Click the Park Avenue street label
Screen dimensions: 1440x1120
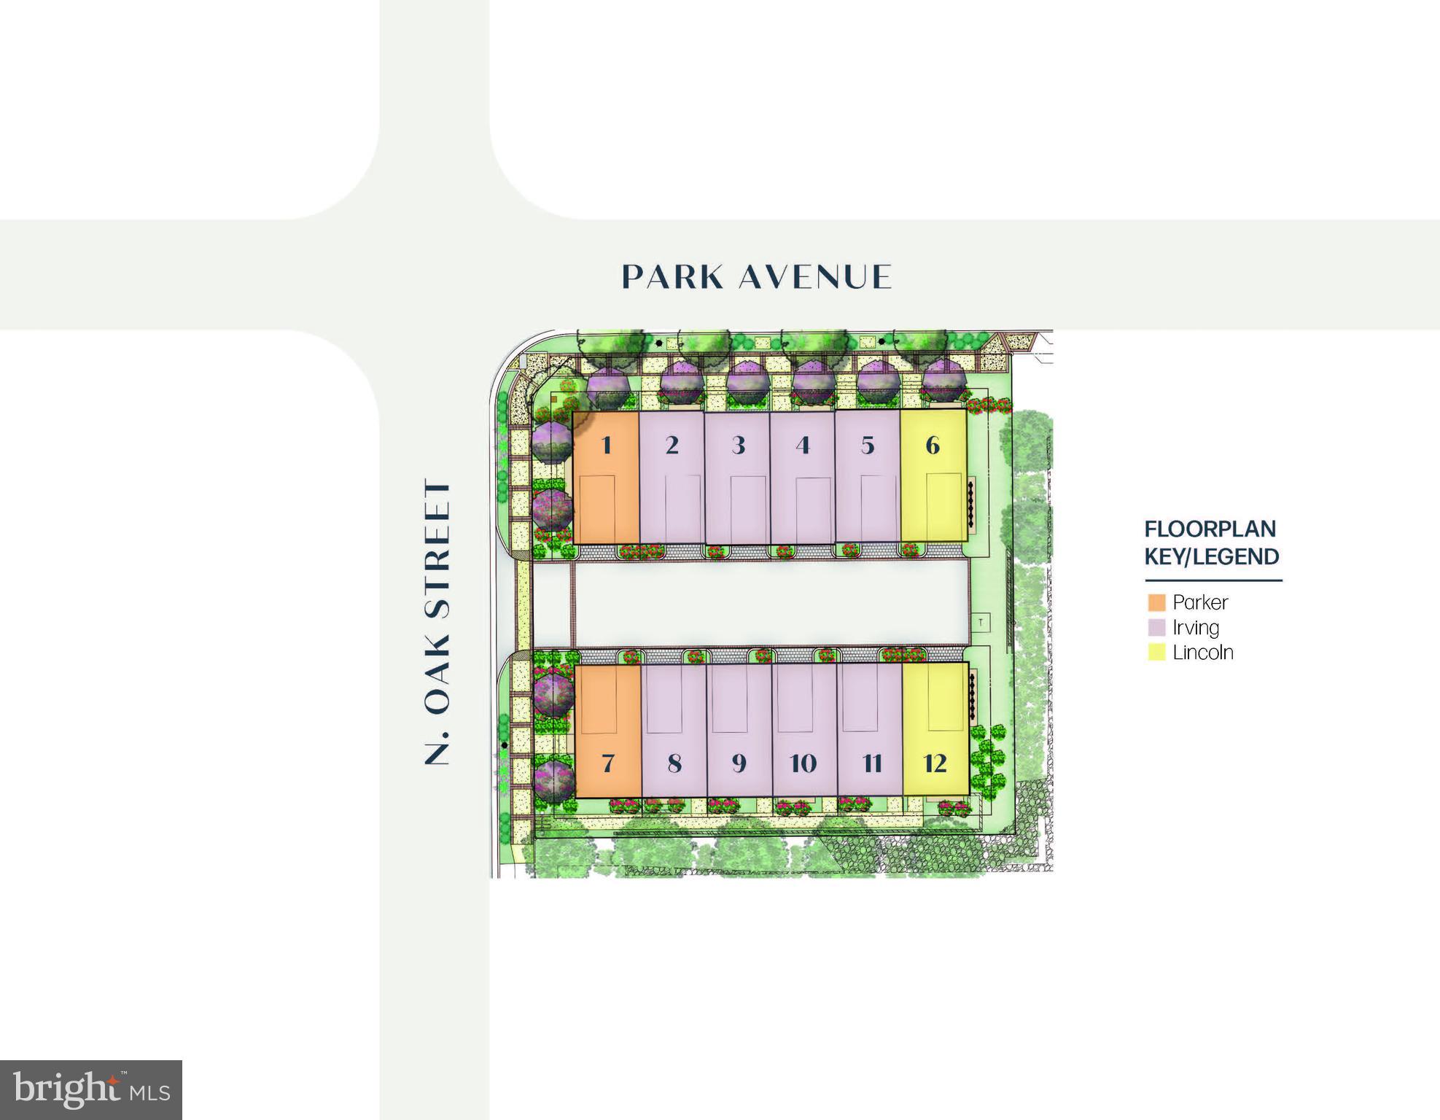(x=756, y=277)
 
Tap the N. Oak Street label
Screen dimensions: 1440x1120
(x=437, y=621)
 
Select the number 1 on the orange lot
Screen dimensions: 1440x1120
(x=606, y=445)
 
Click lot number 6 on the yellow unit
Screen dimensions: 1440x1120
(x=933, y=445)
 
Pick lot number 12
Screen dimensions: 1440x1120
(x=935, y=763)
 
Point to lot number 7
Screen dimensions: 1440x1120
(x=608, y=763)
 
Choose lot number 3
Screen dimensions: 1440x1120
(x=738, y=445)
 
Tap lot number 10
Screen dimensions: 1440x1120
(x=803, y=763)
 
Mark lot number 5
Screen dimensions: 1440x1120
(x=868, y=445)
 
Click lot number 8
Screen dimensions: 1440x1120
(x=674, y=763)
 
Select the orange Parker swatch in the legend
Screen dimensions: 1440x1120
(x=1156, y=602)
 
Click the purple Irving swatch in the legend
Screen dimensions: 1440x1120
(x=1156, y=627)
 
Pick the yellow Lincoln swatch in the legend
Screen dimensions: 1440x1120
(x=1156, y=652)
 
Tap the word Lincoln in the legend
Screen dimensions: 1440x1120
(x=1203, y=652)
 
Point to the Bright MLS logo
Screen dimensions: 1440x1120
(x=91, y=1089)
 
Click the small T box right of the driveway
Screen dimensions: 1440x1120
(x=981, y=622)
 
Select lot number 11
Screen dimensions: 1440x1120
(x=872, y=763)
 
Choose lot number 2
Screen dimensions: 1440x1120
(x=672, y=445)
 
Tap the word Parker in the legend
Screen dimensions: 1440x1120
(x=1200, y=602)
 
